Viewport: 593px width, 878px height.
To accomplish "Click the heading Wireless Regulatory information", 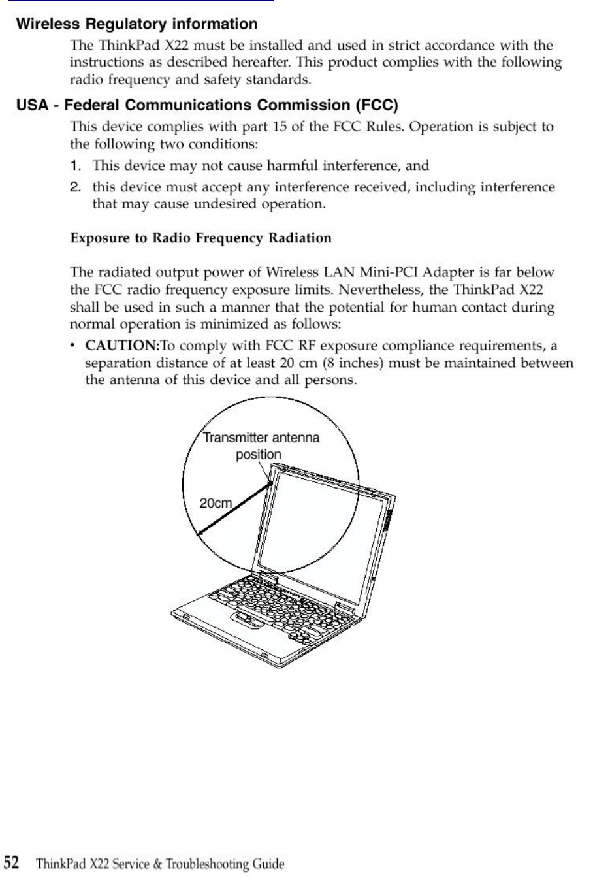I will tap(136, 25).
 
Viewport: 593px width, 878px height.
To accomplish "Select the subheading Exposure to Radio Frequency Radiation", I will tap(200, 238).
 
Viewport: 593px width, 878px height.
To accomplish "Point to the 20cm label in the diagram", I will tap(216, 502).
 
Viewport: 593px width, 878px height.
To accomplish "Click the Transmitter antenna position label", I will tap(261, 446).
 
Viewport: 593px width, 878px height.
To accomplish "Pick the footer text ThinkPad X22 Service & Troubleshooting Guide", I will tap(161, 864).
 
